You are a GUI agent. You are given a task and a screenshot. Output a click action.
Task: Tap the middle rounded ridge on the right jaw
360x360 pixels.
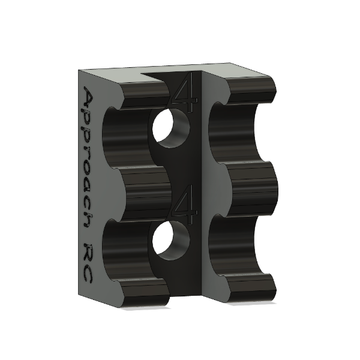click(x=252, y=186)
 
